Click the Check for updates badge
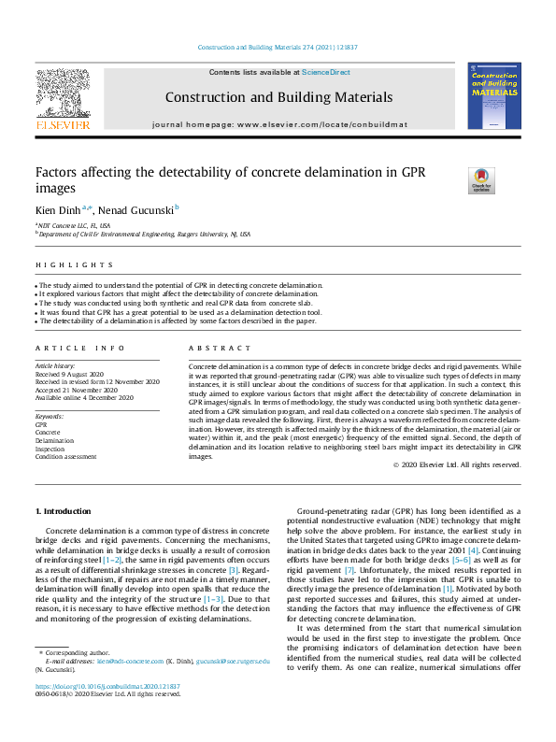click(x=480, y=180)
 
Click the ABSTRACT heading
click(x=207, y=348)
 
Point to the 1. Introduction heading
click(x=63, y=511)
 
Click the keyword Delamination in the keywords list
click(x=56, y=440)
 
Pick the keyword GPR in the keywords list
click(x=41, y=424)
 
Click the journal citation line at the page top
click(x=278, y=47)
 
